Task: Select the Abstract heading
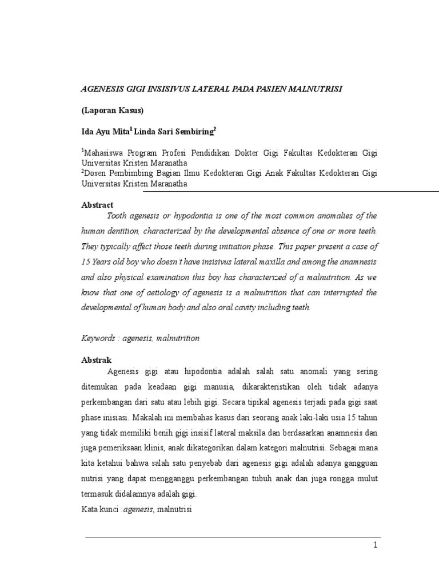(x=97, y=205)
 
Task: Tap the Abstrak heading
(x=96, y=360)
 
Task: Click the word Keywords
(x=97, y=338)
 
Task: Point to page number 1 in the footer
(x=376, y=545)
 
